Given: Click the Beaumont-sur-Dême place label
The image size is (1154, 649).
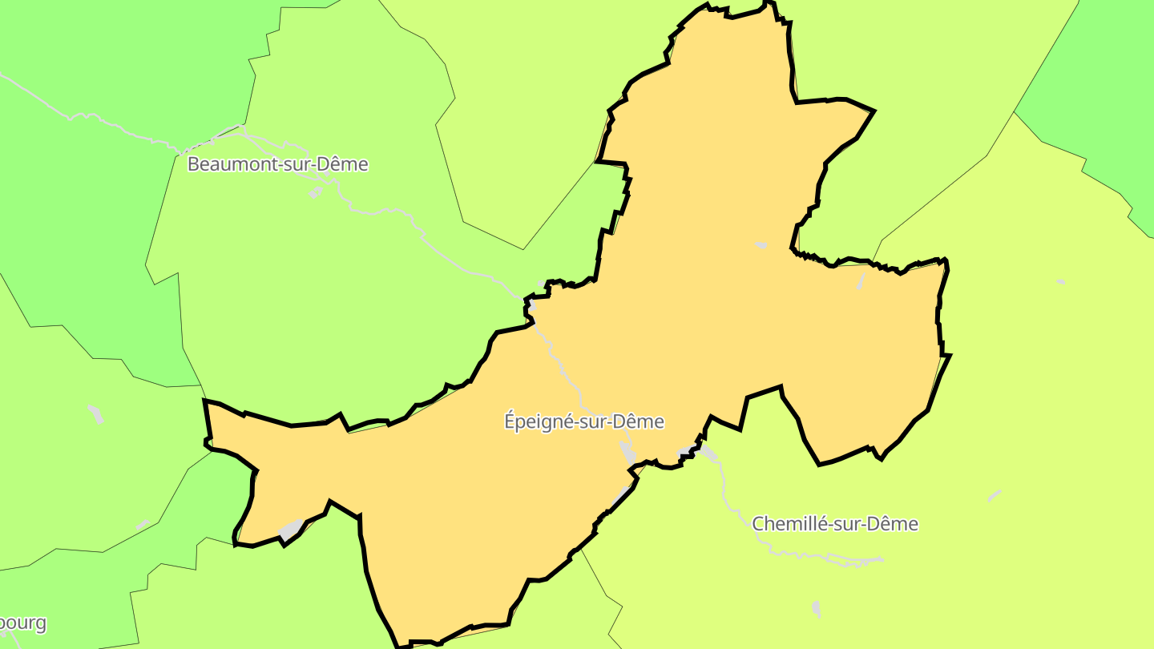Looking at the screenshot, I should (277, 164).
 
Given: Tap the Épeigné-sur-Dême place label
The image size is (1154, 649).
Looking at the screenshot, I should (584, 421).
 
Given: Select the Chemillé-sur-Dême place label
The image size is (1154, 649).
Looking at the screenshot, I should (834, 524).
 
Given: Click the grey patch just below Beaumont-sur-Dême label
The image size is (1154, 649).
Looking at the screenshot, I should (316, 192).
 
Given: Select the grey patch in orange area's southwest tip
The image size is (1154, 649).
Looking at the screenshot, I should (292, 529).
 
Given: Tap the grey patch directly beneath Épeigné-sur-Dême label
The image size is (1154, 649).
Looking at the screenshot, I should (627, 452).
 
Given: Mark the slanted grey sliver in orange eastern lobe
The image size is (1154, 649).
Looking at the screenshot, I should (861, 280).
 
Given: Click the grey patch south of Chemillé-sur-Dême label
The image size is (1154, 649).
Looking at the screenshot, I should (816, 609).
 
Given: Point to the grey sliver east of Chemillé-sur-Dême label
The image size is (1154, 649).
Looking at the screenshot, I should (995, 496).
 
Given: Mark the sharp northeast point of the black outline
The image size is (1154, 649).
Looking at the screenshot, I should (874, 111).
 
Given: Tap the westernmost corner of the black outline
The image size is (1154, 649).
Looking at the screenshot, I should (205, 401).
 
